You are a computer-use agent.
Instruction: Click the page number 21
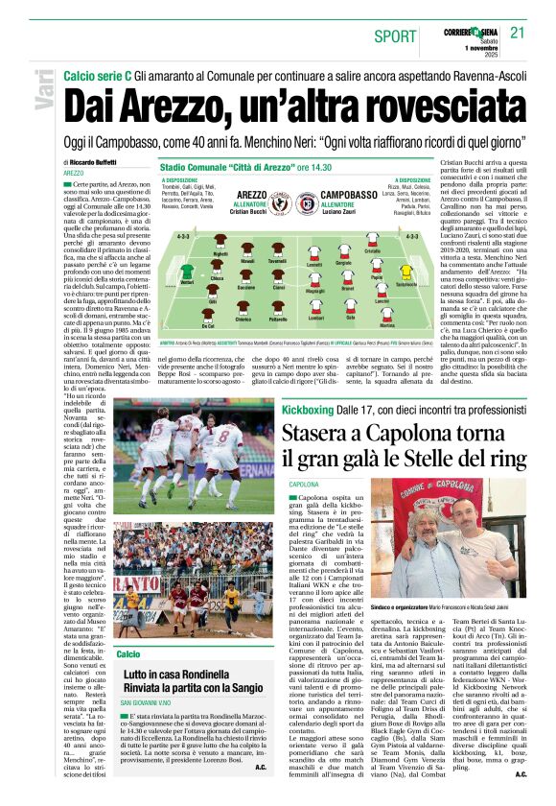tap(518, 34)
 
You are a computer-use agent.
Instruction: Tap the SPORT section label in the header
tap(395, 36)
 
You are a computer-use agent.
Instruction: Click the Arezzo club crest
tap(280, 202)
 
